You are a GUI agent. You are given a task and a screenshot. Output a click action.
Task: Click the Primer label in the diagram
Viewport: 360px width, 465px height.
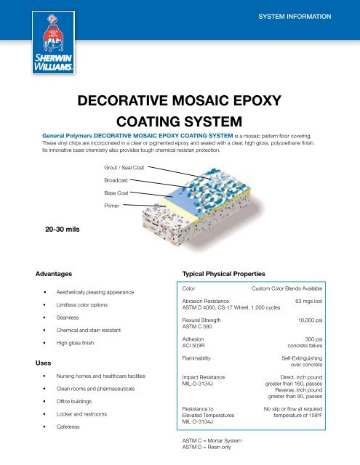[113, 206]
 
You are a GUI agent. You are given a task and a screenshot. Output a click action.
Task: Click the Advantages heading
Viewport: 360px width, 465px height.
[54, 275]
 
